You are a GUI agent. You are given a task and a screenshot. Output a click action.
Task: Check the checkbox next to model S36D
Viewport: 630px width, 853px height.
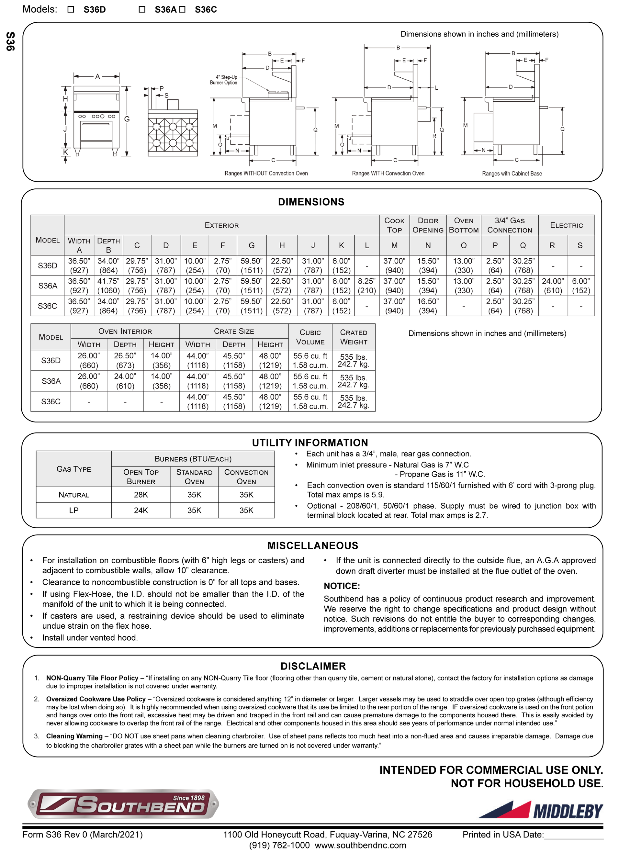[x=71, y=9]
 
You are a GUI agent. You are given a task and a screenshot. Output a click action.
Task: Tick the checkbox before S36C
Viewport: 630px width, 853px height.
[x=182, y=9]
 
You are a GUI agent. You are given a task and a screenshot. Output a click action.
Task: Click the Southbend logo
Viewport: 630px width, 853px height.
[x=123, y=803]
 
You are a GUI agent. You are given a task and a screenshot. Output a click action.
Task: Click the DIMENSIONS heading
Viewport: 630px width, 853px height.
[x=311, y=202]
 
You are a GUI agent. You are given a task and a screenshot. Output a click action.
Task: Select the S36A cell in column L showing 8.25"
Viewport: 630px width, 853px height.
[x=366, y=286]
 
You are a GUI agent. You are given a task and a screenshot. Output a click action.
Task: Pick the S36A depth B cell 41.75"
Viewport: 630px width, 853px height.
[x=108, y=286]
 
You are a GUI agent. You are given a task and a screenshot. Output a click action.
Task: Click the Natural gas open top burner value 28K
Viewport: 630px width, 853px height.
[x=141, y=495]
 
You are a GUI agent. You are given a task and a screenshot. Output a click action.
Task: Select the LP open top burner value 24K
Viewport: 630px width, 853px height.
[x=141, y=510]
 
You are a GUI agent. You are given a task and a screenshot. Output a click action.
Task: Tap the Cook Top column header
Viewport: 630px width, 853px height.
[x=394, y=225]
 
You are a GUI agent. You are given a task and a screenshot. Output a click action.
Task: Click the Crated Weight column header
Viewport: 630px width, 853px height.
[x=354, y=337]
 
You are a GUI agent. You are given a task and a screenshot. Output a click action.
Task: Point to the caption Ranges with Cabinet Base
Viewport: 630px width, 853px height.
[x=512, y=174]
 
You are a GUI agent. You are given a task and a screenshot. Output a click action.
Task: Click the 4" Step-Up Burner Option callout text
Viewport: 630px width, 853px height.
[x=224, y=80]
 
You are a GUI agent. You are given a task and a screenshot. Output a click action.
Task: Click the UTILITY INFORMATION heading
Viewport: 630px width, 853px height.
[x=310, y=443]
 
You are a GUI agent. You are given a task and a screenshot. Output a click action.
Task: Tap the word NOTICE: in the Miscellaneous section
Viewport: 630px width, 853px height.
[x=342, y=586]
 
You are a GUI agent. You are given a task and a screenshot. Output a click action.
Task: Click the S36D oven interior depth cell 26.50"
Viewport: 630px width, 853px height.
[x=125, y=360]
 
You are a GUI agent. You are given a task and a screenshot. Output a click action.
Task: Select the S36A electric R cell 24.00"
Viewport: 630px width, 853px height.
[x=553, y=286]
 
